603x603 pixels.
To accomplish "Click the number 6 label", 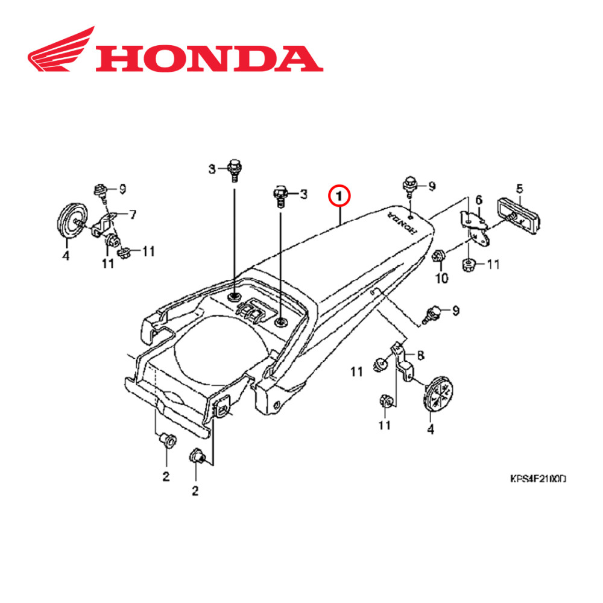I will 479,200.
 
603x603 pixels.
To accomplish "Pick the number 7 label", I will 133,213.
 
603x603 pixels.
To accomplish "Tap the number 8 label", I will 420,355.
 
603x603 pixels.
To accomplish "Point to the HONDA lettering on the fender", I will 402,223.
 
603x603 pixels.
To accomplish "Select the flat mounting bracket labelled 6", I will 475,227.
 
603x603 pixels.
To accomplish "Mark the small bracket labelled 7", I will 104,224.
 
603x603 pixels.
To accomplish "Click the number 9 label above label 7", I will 122,189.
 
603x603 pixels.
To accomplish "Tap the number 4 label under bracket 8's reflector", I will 430,430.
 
